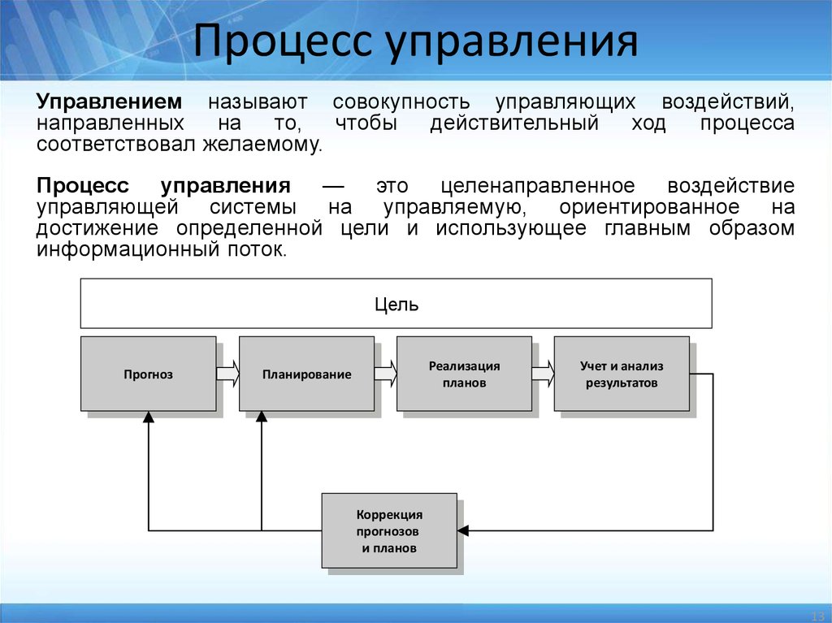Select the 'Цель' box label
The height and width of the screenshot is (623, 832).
pyautogui.click(x=396, y=305)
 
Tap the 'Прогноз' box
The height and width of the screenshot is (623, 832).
pyautogui.click(x=149, y=374)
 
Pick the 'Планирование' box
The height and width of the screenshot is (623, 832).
pyautogui.click(x=306, y=374)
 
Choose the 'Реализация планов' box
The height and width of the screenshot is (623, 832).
pyautogui.click(x=464, y=374)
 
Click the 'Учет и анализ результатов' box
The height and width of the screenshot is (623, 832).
pyautogui.click(x=622, y=374)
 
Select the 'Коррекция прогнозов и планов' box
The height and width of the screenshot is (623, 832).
pyautogui.click(x=389, y=531)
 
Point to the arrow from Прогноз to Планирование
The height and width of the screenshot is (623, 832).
pyautogui.click(x=227, y=374)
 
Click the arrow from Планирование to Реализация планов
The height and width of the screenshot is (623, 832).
pyautogui.click(x=385, y=374)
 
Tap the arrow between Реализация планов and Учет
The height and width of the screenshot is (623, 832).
pyautogui.click(x=543, y=374)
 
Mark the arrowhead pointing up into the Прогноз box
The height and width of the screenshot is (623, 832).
pyautogui.click(x=148, y=417)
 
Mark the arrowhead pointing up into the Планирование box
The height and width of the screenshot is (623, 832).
pyautogui.click(x=262, y=417)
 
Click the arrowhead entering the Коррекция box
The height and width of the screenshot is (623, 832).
pyautogui.click(x=463, y=530)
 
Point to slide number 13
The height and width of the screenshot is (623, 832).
pyautogui.click(x=818, y=613)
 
